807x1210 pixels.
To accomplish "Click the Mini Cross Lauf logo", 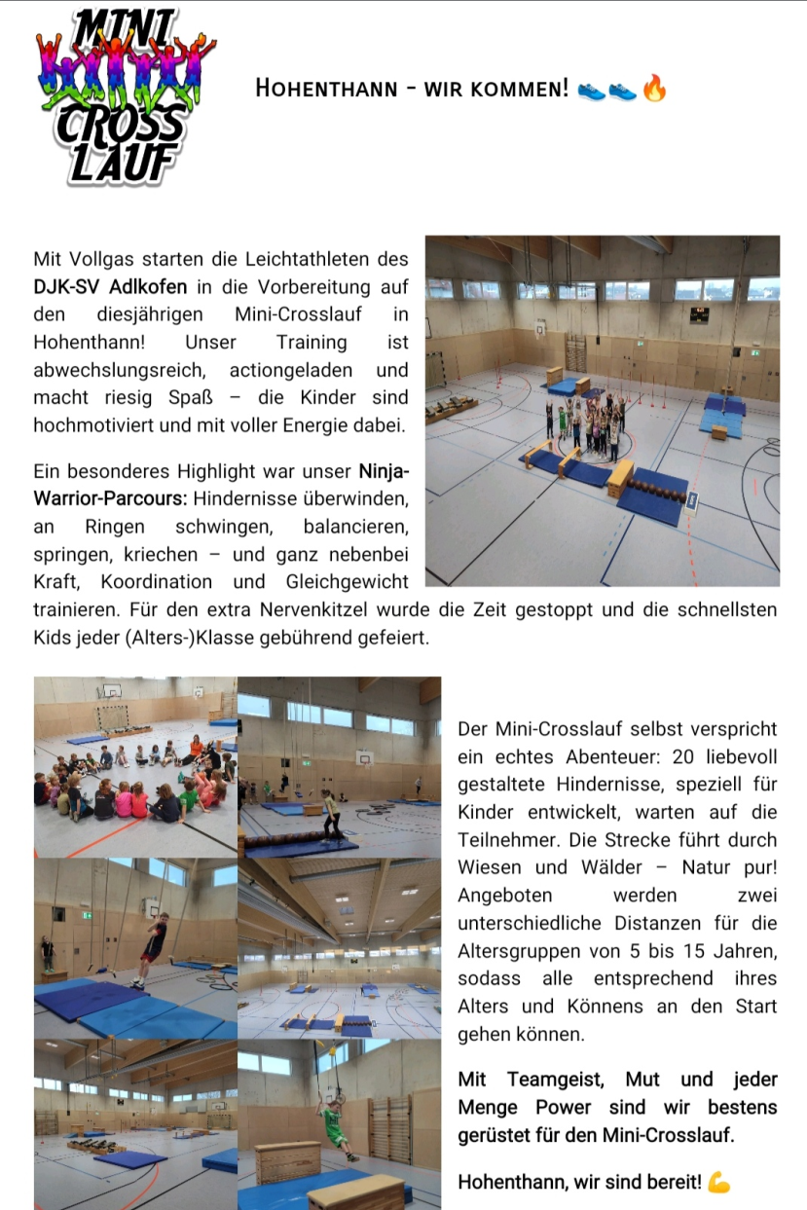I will [122, 94].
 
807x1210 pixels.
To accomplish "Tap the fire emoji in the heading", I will [654, 90].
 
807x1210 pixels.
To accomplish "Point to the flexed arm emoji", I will [718, 1182].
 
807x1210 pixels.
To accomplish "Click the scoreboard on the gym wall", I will [700, 313].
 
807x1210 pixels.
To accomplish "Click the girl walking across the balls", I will [330, 812].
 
